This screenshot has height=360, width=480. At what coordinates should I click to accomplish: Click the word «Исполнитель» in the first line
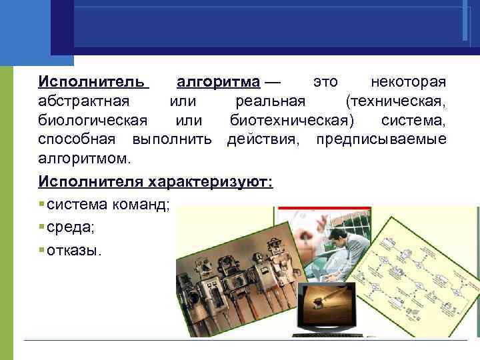pos(91,82)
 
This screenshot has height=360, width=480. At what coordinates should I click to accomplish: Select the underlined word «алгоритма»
pos(218,82)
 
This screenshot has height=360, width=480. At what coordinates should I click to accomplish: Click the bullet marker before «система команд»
pos(41,205)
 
